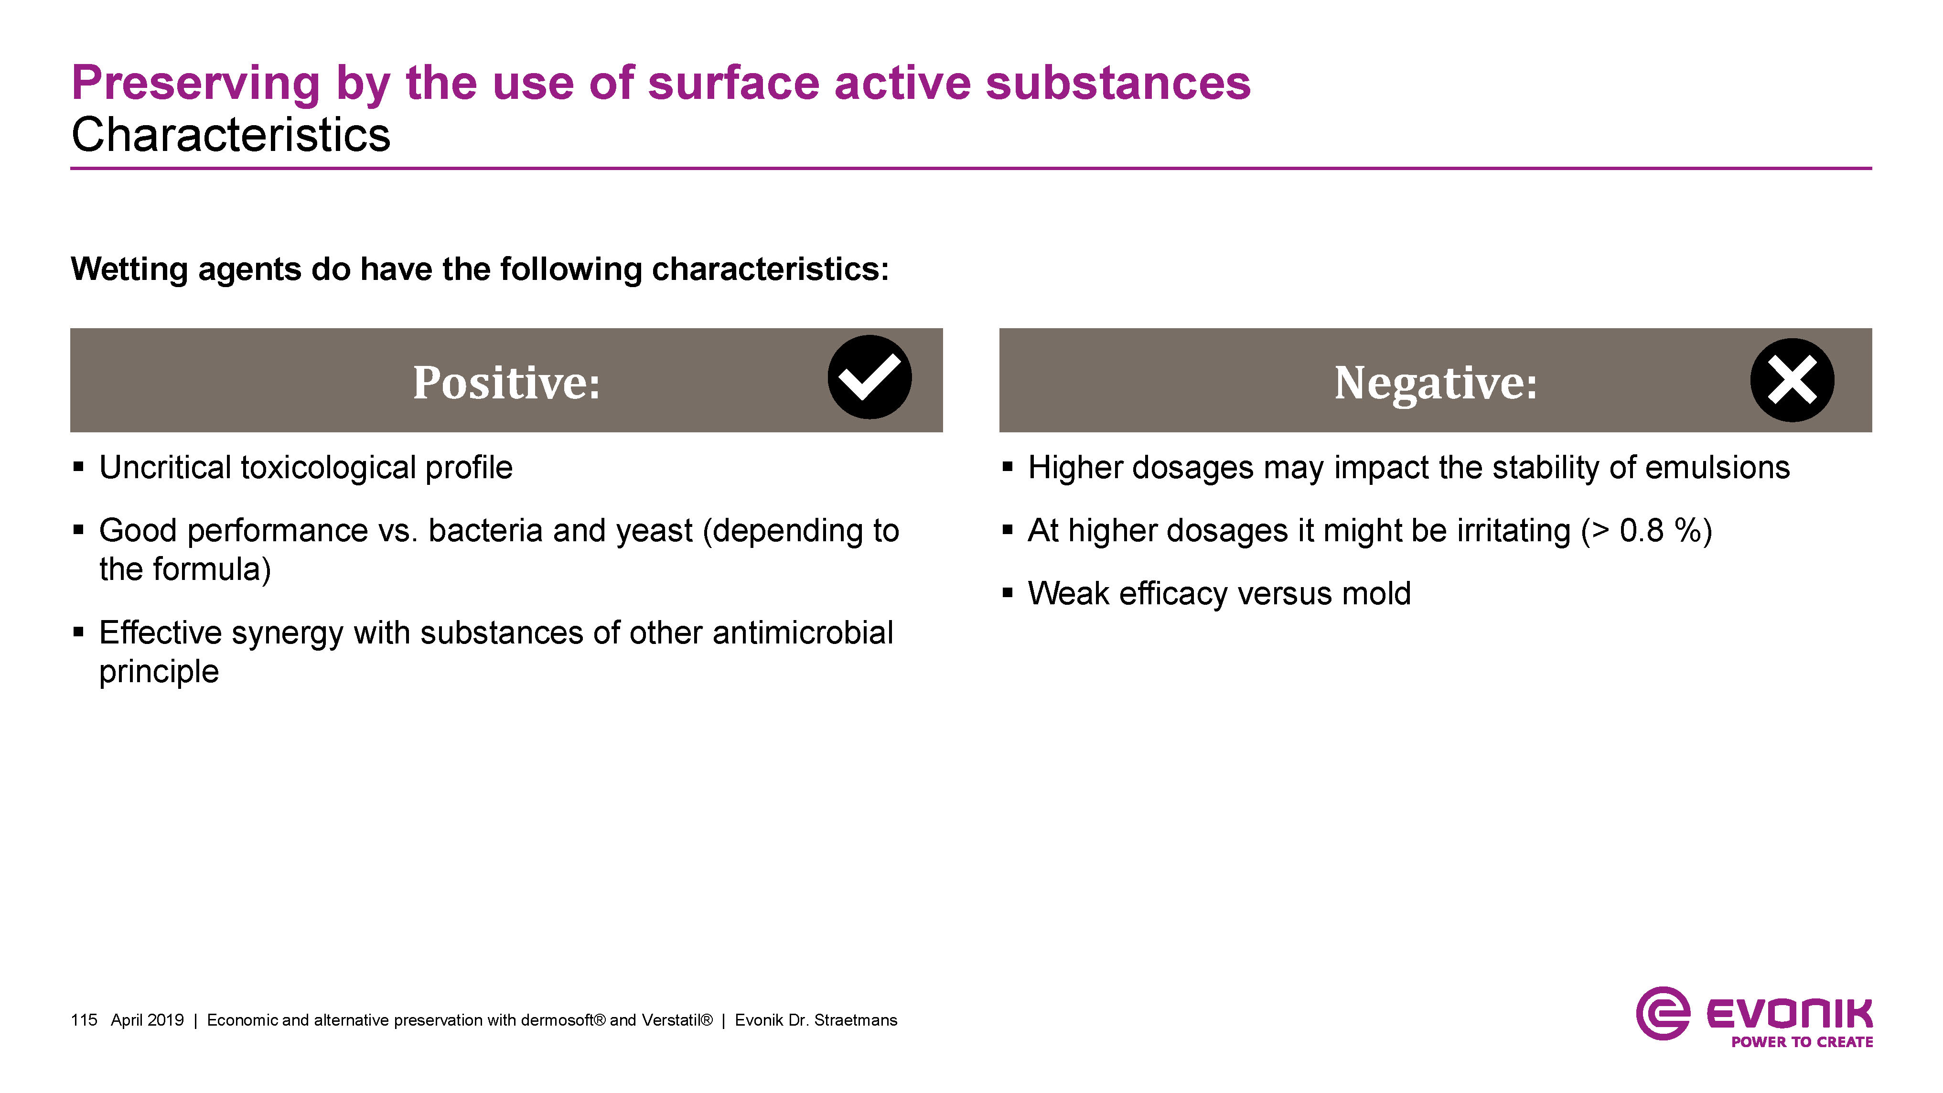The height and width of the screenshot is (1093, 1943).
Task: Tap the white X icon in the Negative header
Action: (1792, 380)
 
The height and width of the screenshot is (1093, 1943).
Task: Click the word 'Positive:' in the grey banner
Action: (506, 383)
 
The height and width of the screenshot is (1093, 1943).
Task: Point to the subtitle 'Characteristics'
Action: (231, 135)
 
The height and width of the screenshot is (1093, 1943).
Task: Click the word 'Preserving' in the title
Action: (196, 84)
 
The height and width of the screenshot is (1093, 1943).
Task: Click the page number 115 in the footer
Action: (84, 1020)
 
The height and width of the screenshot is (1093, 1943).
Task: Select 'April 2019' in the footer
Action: (147, 1020)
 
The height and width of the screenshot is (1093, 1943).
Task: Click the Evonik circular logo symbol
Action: (1663, 1013)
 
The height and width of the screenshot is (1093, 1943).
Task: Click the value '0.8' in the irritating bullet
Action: (1641, 531)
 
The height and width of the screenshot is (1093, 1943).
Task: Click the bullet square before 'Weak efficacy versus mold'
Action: (1007, 593)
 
